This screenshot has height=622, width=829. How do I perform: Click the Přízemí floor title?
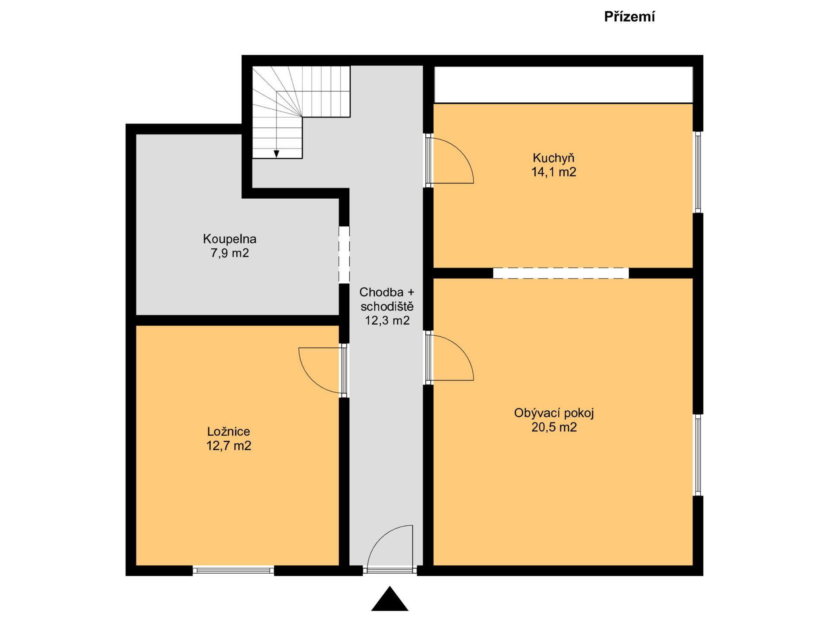[x=629, y=17]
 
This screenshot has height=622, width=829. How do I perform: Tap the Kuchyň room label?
[x=554, y=158]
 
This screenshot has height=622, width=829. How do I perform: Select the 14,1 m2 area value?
[x=554, y=172]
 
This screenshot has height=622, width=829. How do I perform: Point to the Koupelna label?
[x=230, y=239]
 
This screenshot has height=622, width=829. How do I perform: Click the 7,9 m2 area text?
[x=230, y=253]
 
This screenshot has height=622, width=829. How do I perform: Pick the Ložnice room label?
[x=228, y=431]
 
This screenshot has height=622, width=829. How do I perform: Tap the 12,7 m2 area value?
[x=228, y=445]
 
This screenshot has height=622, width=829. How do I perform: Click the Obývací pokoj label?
[x=554, y=413]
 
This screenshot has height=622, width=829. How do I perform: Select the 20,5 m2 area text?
[x=554, y=427]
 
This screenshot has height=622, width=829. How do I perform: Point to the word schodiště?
[x=387, y=306]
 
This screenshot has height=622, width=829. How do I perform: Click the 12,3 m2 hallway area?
[x=387, y=321]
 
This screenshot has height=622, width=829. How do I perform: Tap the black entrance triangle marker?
[x=389, y=599]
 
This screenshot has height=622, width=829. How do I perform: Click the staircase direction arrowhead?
[x=276, y=154]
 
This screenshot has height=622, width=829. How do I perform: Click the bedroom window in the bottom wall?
[x=233, y=571]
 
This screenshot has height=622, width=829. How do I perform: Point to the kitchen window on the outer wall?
[x=697, y=172]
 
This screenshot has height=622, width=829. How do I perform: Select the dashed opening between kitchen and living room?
[x=561, y=273]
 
